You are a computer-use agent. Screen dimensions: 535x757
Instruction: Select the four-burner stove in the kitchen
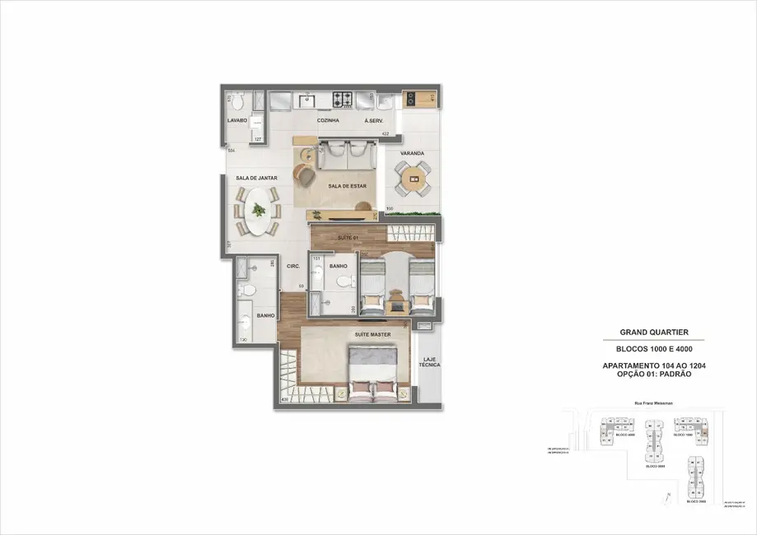343,100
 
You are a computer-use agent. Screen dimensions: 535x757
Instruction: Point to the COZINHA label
329,120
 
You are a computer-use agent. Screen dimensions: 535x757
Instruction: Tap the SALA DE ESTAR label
347,186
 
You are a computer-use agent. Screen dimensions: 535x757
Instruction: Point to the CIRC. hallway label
292,266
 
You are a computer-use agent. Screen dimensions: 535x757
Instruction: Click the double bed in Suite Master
375,373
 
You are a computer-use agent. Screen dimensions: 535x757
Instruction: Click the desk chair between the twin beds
398,297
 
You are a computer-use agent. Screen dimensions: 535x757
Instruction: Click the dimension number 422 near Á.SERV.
384,133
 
